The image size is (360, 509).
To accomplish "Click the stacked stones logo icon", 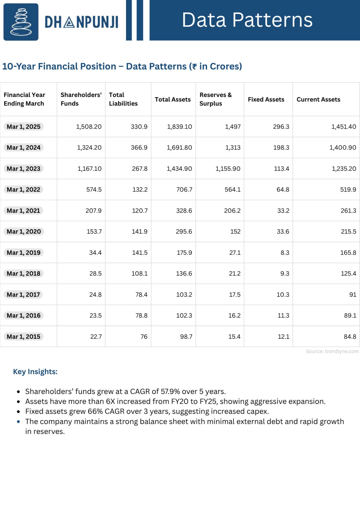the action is tap(21, 22).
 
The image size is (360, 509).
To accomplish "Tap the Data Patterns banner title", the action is tap(247, 20).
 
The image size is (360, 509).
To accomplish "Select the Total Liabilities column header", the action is tap(123, 99).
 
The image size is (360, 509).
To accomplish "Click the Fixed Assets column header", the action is tap(266, 99).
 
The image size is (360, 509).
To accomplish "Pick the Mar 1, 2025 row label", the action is tap(24, 127).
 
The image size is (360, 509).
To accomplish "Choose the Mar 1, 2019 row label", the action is tap(24, 253).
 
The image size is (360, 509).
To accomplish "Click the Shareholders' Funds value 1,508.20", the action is tap(89, 127).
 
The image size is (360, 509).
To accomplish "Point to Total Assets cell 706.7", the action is tap(184, 190).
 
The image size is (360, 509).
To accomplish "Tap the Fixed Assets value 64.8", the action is tap(283, 190).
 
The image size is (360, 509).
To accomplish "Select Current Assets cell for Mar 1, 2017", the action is tap(353, 295).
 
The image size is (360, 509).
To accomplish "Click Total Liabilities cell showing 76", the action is tap(144, 337).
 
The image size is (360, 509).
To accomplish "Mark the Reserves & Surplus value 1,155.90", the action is tap(228, 169).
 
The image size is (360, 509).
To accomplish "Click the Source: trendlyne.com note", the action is tap(332, 351).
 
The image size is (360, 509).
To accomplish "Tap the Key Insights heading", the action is tap(35, 372).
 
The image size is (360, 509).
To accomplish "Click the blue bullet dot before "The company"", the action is tap(18, 422).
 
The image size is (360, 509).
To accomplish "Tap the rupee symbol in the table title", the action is tap(194, 66).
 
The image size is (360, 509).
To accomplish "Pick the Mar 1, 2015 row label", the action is tap(24, 337).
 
